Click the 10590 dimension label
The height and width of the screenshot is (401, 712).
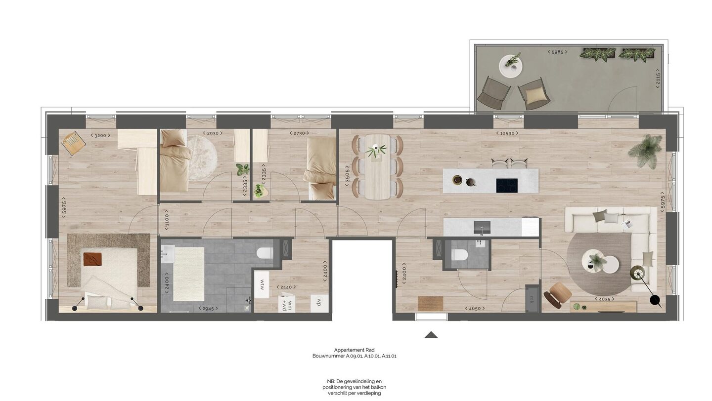pos(507,133)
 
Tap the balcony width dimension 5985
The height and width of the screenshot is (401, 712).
pos(558,52)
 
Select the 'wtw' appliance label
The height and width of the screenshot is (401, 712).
pos(262,284)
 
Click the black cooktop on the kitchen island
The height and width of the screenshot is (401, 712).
pos(507,186)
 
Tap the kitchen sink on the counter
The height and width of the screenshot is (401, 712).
pos(482,228)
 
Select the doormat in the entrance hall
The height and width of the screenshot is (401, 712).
pos(430,303)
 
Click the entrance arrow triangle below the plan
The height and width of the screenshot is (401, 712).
pos(431,335)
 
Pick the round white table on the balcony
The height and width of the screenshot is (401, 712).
pos(511,67)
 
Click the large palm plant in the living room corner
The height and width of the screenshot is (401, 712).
pos(647,151)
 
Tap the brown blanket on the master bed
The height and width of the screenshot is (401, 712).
pos(92,259)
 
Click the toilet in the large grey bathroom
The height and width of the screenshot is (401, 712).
pos(265,253)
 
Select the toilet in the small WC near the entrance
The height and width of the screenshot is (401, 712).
pos(460,255)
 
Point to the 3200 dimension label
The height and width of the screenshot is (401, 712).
pos(100,136)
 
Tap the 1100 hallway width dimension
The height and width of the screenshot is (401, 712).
pos(167,222)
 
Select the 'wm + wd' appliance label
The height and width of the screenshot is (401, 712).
pos(287,303)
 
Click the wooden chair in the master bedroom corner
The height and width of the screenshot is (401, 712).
pos(74,143)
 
